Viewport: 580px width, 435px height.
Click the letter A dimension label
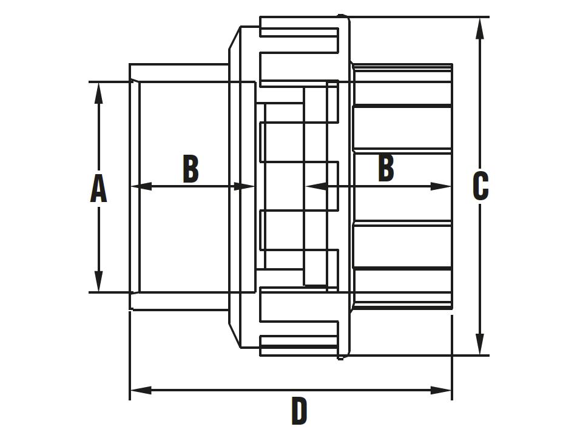98,189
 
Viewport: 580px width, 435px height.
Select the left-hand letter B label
191,169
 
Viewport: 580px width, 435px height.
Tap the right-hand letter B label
386,167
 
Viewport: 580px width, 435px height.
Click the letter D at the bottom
299,411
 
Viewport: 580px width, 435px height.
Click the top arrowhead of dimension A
98,92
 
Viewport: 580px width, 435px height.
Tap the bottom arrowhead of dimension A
98,281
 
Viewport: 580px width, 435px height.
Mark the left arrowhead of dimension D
141,390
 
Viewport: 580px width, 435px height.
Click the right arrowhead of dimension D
440,390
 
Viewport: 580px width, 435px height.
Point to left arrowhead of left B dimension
142,186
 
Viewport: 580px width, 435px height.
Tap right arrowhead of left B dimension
244,186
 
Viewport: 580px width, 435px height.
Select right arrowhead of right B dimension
440,186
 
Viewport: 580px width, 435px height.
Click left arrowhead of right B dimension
316,186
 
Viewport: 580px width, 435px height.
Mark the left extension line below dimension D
130,356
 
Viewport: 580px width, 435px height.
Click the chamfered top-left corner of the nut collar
234,38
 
